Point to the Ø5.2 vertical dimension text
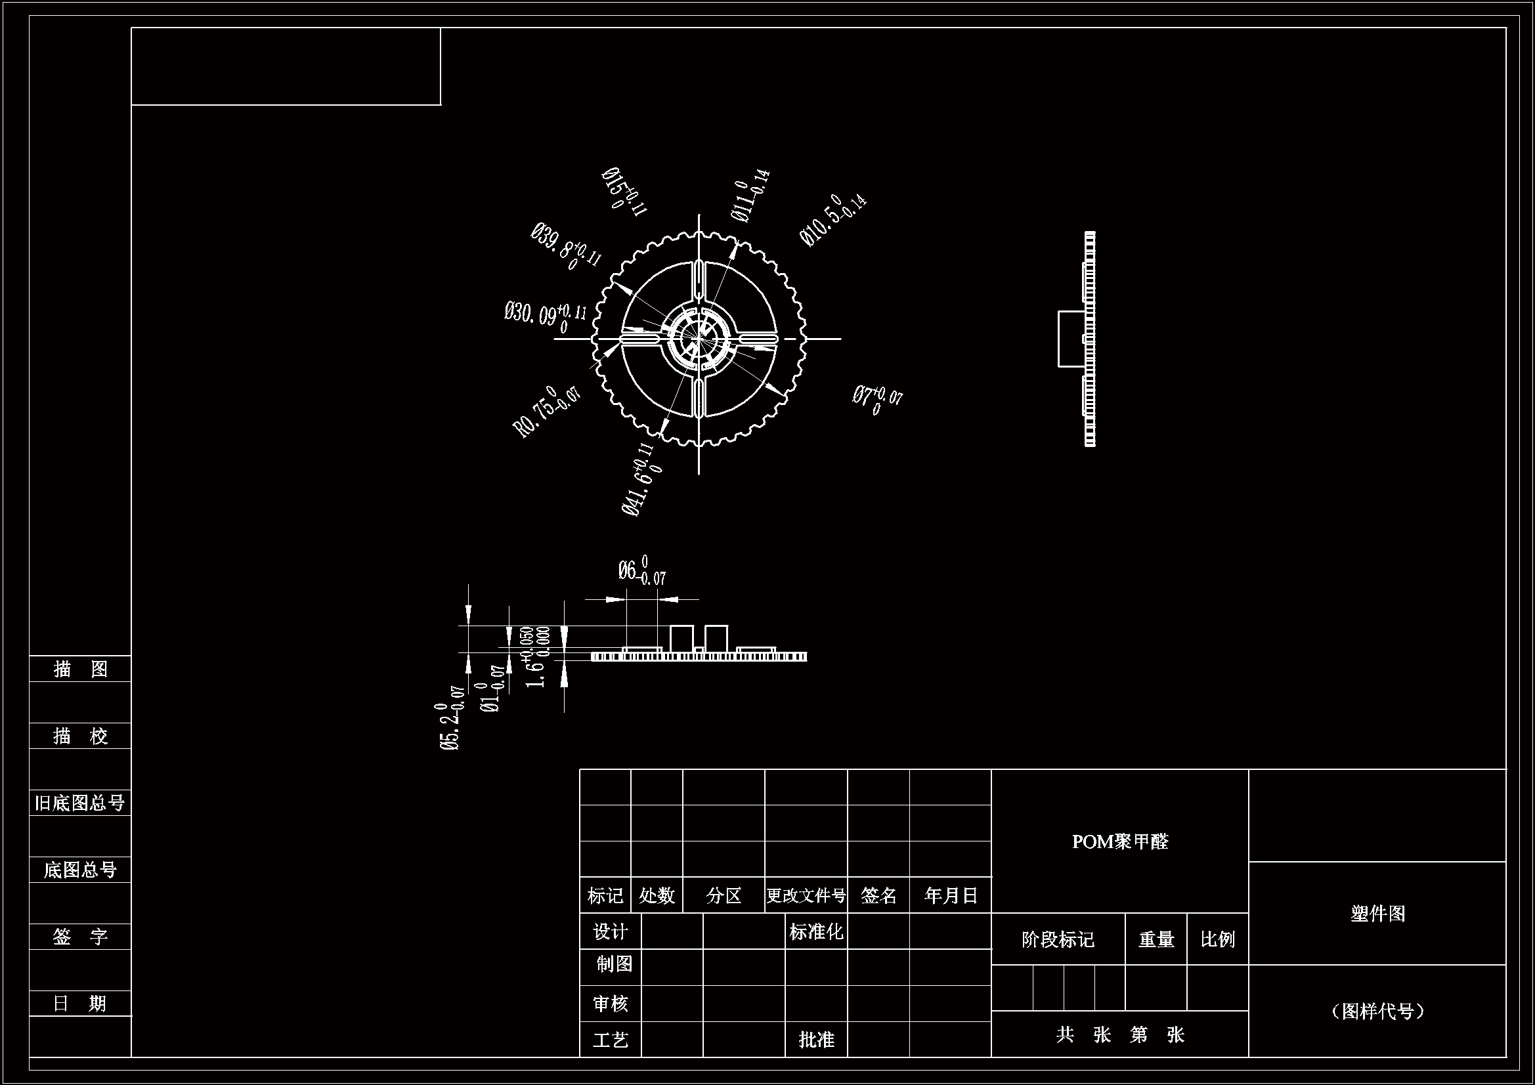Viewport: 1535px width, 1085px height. point(451,726)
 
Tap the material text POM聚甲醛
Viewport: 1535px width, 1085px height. point(1120,841)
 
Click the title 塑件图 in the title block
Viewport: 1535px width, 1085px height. point(1377,913)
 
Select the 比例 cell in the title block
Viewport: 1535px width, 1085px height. point(1217,939)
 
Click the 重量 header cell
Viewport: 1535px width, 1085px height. point(1156,939)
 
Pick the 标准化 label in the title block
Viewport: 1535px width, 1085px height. point(815,931)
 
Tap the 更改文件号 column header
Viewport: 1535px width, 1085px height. point(806,895)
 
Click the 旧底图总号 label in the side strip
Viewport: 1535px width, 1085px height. point(79,803)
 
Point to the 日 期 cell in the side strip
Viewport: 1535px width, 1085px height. point(79,1004)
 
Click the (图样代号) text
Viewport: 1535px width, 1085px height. point(1377,1011)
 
